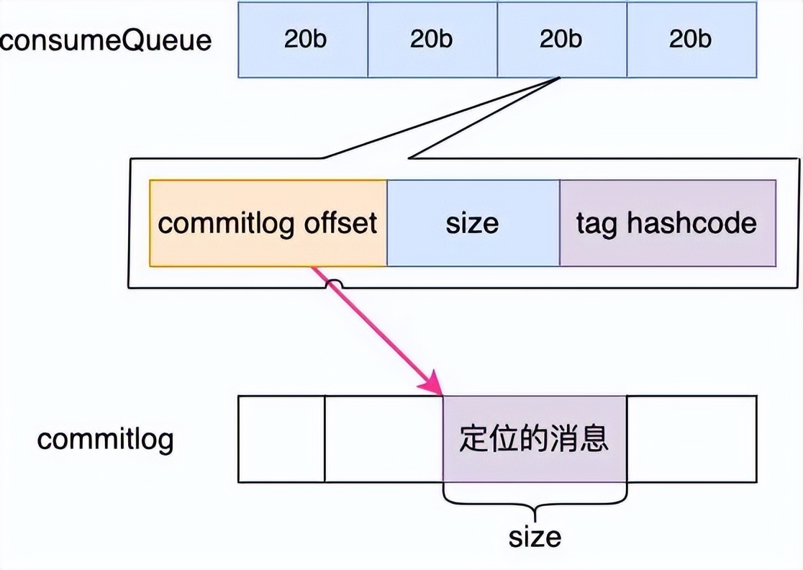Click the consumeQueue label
coord(106,39)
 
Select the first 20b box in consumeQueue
coord(303,39)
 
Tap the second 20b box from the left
coord(432,39)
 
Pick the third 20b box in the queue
coord(561,39)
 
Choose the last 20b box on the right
coord(691,39)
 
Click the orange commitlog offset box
coord(268,223)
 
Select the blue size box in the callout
coord(473,223)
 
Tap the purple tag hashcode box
coord(667,223)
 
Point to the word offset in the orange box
coord(341,223)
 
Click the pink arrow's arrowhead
coord(434,386)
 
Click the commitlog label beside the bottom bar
coord(106,439)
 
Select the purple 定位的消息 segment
coord(535,439)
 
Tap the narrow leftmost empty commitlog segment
coord(281,439)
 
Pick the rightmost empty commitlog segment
coord(691,439)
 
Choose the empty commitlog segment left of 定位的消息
coord(384,439)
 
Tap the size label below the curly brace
coord(535,536)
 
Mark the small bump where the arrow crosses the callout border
coord(334,285)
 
